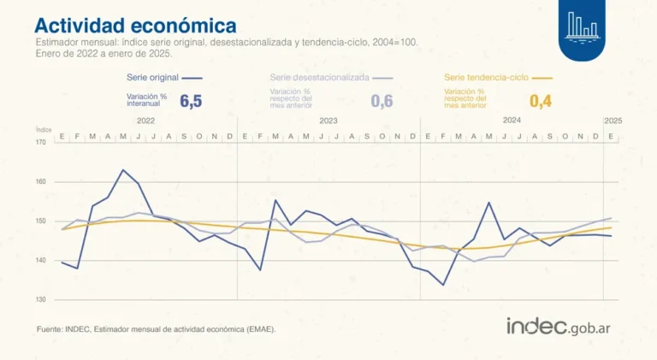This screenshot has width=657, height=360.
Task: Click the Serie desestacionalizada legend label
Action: (319, 77)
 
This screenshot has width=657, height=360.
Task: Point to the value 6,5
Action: (191, 101)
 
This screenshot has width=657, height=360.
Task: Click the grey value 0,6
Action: (382, 101)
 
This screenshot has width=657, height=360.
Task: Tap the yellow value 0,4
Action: (541, 101)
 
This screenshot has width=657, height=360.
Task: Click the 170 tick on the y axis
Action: (42, 142)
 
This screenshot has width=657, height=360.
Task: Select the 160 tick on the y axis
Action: (42, 181)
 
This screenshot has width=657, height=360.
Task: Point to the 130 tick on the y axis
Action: (42, 299)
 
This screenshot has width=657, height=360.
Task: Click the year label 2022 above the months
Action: (145, 121)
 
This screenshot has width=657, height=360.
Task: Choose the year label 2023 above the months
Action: (328, 121)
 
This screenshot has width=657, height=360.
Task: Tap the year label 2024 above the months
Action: (512, 121)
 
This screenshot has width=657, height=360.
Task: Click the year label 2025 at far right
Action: (613, 121)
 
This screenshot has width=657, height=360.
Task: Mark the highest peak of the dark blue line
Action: (123, 170)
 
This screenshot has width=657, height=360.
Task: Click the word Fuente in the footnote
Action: (50, 328)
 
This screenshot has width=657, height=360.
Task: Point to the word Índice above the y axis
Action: (44, 129)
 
